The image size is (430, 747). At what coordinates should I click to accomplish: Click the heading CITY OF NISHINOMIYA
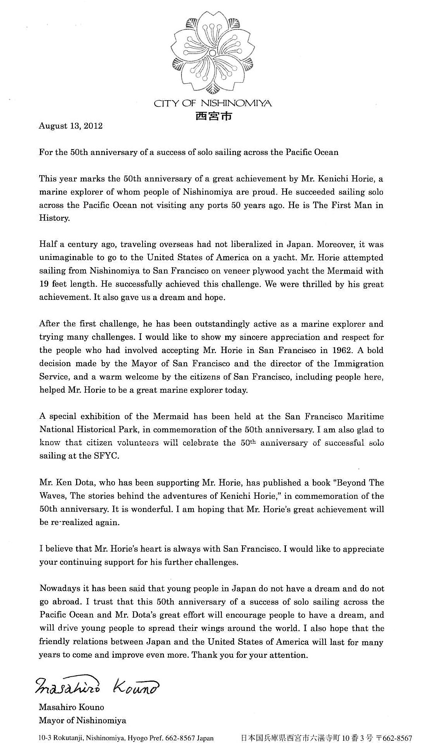pos(213,103)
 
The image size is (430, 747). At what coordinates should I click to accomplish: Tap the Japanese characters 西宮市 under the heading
pos(213,116)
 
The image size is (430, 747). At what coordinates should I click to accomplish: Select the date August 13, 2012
pos(71,126)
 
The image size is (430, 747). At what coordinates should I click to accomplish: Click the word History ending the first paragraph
pos(54,218)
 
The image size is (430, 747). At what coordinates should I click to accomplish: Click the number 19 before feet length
pos(44,284)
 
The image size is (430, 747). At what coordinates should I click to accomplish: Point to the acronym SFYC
pos(106,456)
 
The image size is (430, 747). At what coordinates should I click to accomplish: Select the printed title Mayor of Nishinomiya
pos(82,710)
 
